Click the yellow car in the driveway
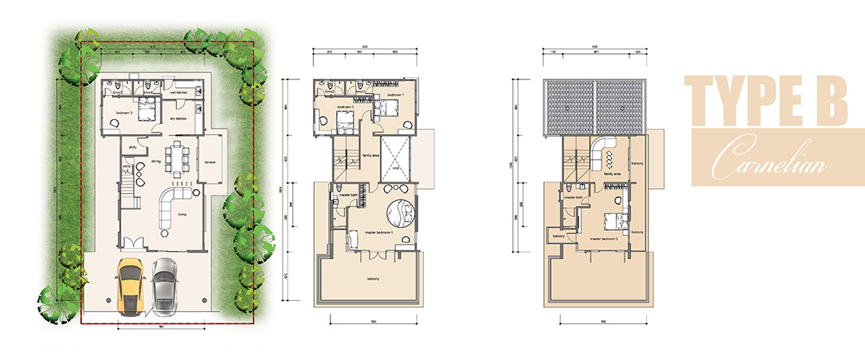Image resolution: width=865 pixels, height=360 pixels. [x=129, y=287]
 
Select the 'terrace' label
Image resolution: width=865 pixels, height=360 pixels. [x=210, y=162]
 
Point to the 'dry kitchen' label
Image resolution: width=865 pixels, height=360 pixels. [x=178, y=118]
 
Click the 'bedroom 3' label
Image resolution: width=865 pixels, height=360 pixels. [x=124, y=114]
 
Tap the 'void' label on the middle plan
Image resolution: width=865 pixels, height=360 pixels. [x=396, y=166]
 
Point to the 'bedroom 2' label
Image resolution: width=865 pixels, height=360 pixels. [x=345, y=106]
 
